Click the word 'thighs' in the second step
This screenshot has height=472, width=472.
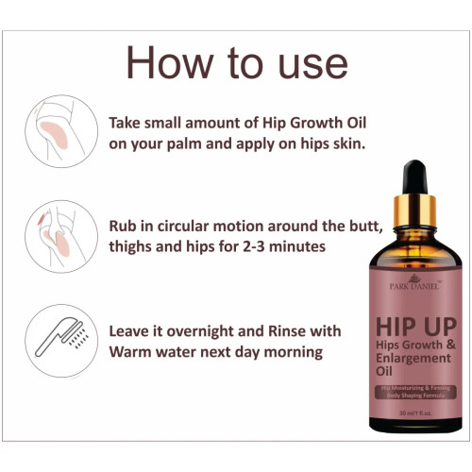[134, 246]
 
